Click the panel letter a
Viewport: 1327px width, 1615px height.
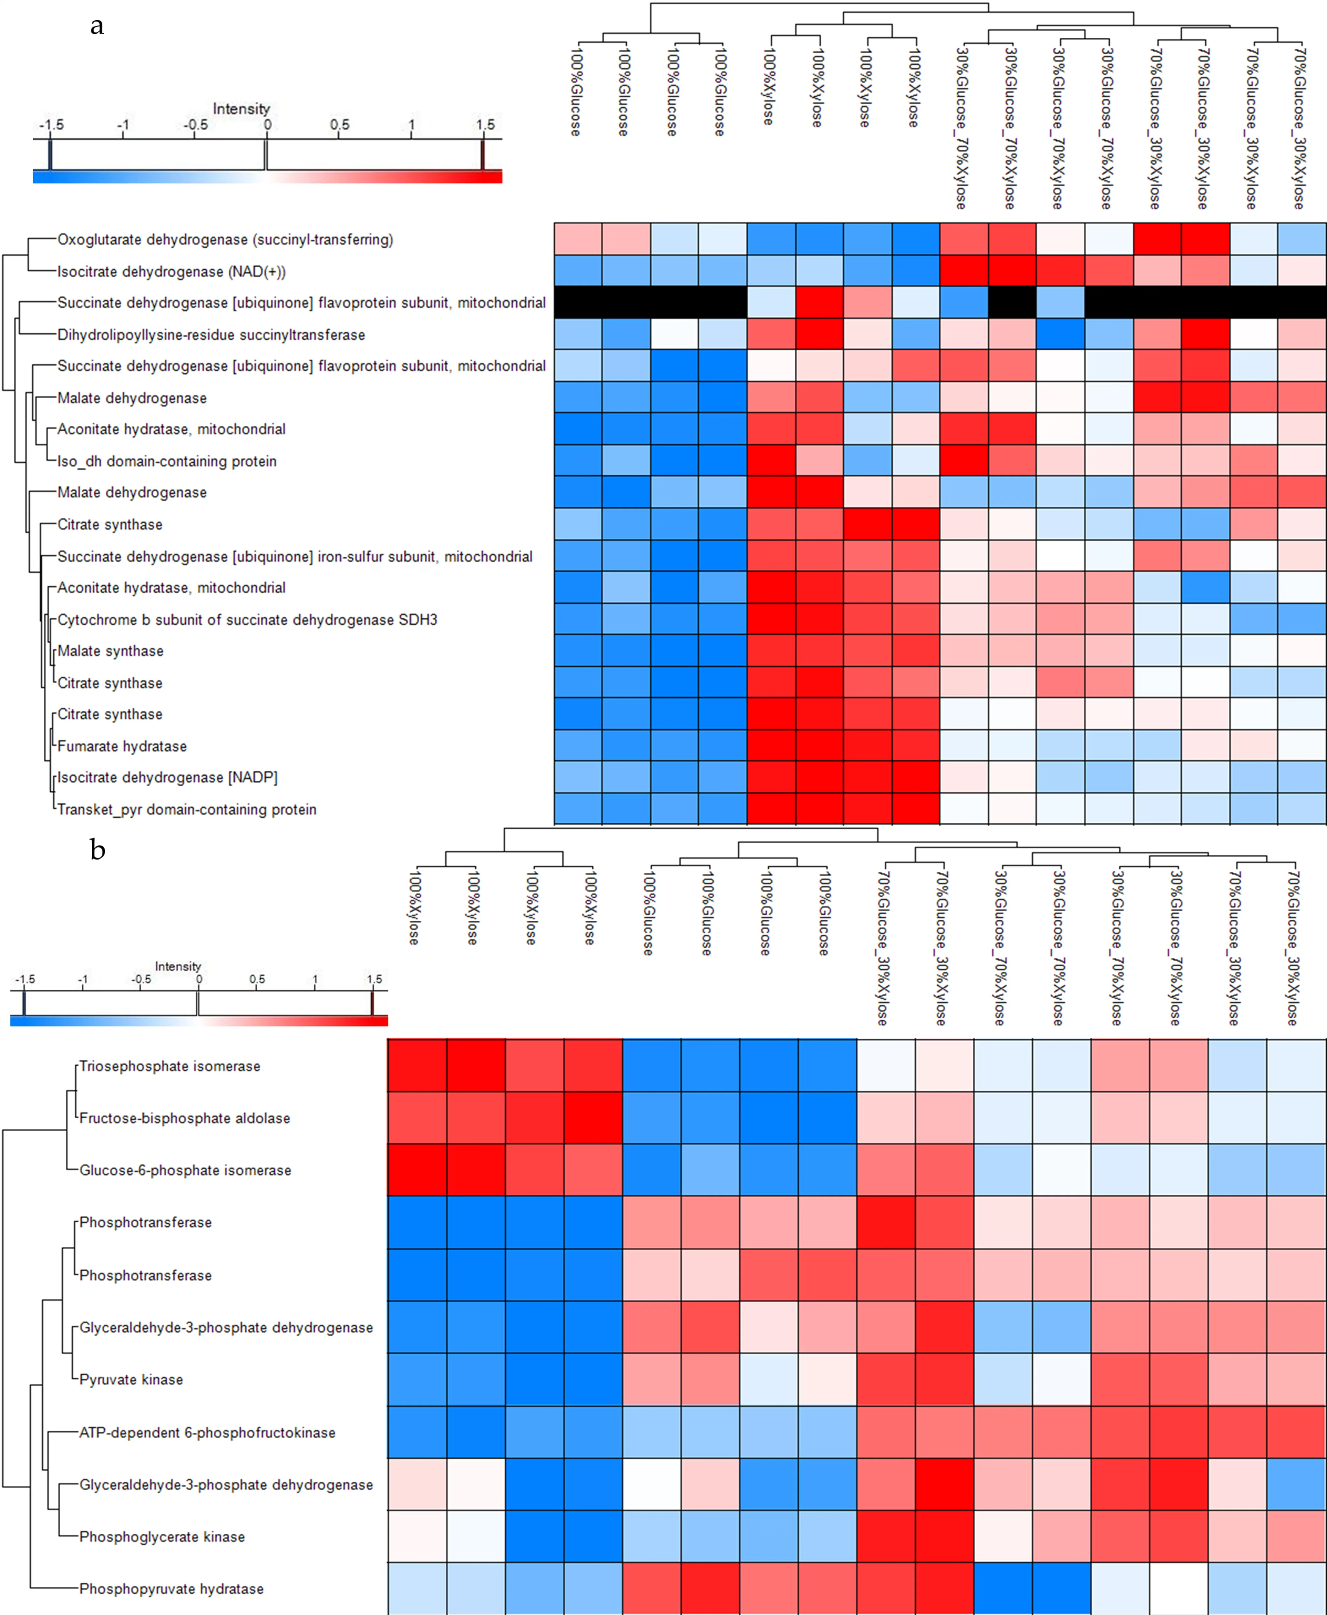click(97, 26)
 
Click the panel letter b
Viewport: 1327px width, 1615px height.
click(97, 849)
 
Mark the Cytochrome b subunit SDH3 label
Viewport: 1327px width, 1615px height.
click(247, 620)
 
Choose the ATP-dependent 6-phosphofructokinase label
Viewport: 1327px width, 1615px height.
click(207, 1432)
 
